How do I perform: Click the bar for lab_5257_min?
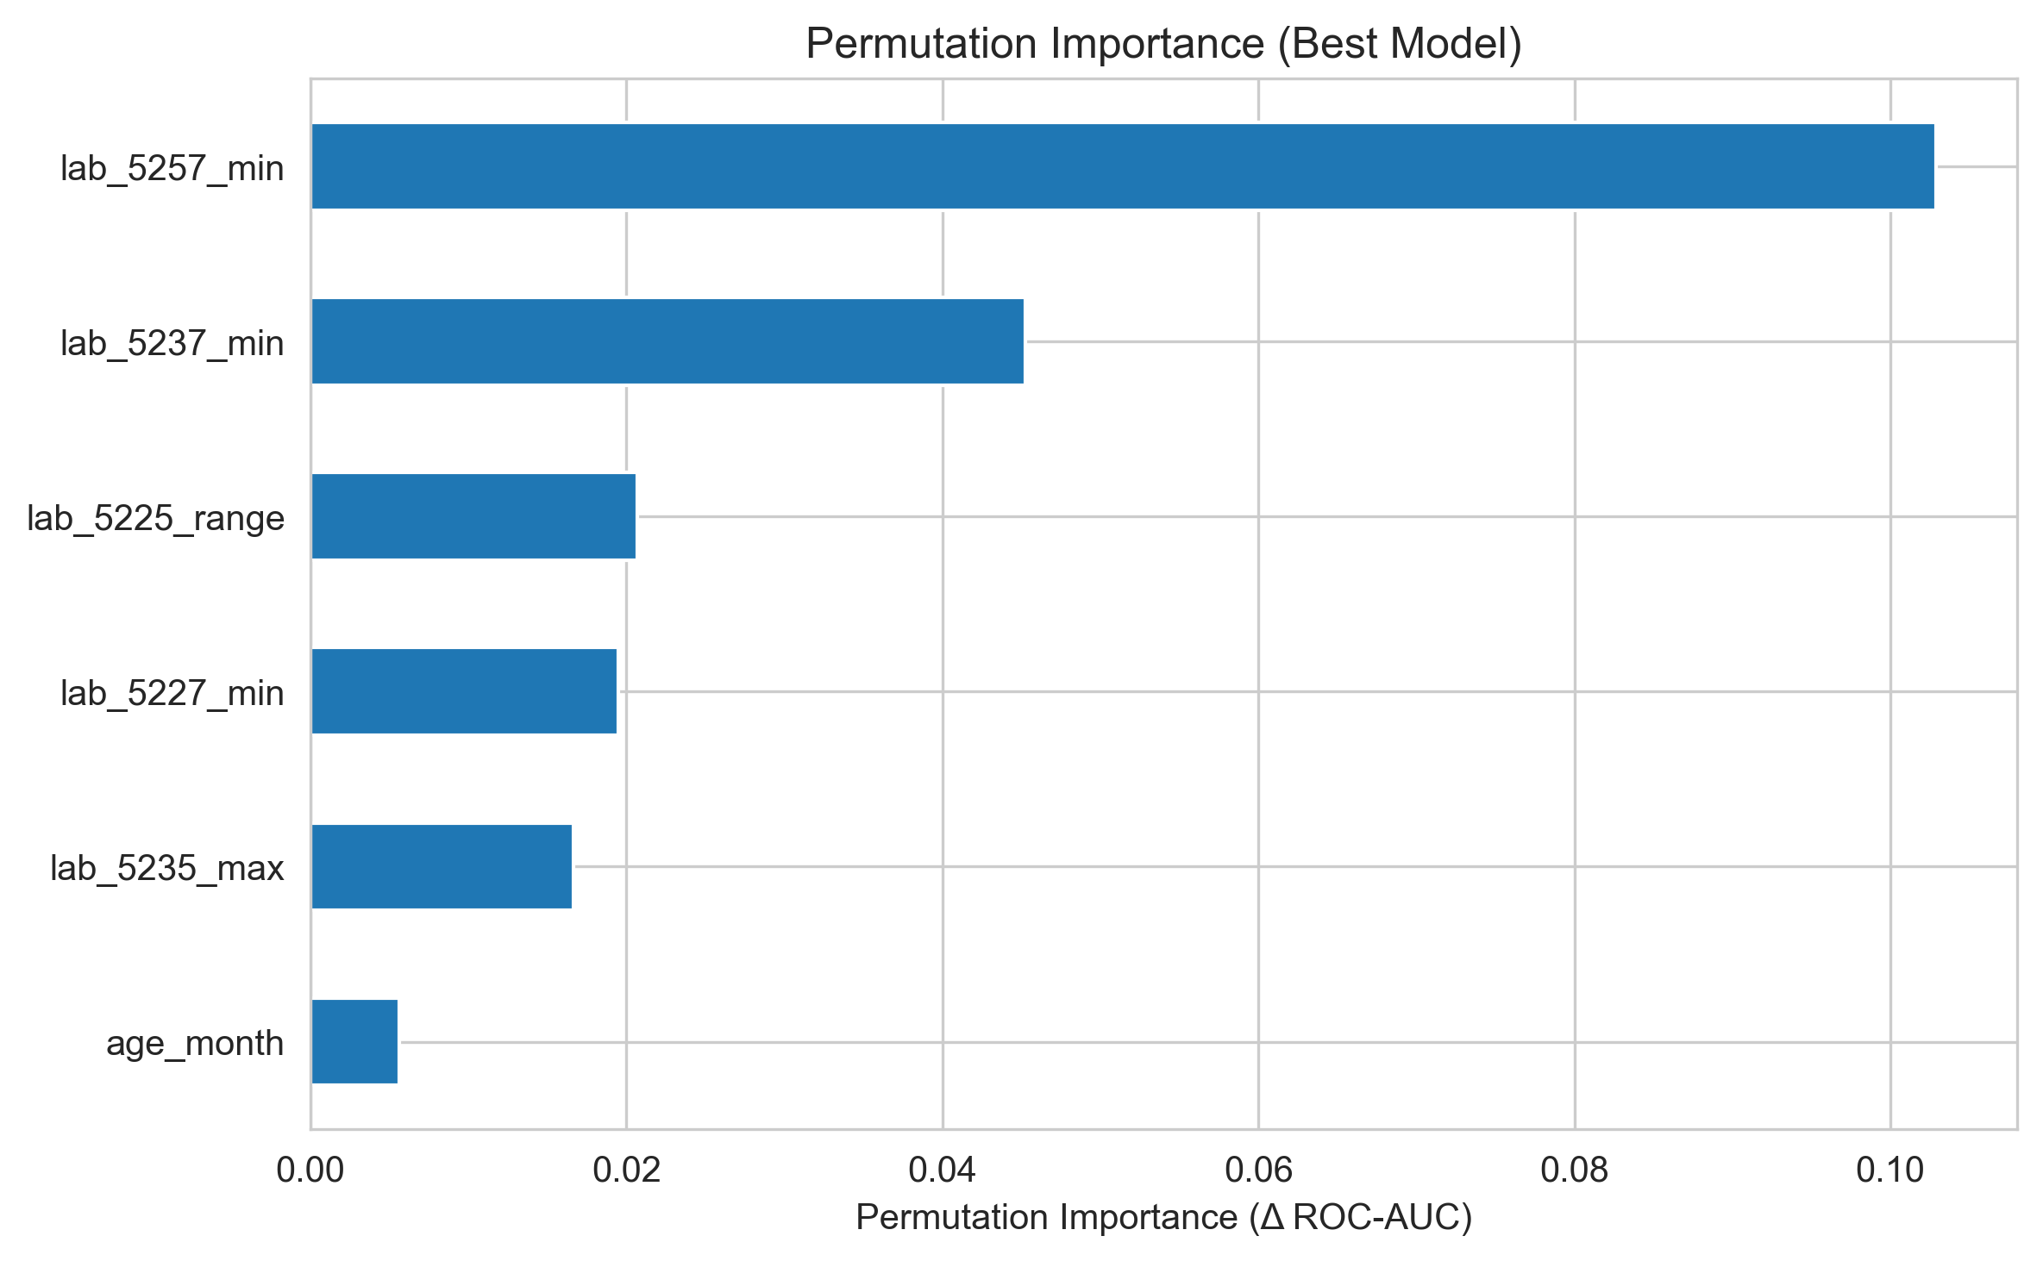(1122, 166)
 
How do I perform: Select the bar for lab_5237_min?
(667, 341)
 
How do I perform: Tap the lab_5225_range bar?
(473, 516)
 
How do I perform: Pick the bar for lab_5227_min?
(464, 691)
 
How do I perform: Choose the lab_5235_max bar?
(442, 866)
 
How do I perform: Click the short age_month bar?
(354, 1041)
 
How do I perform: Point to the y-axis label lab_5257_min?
(172, 168)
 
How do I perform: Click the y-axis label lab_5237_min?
(172, 343)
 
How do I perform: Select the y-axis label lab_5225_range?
(155, 518)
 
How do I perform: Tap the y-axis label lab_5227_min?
(172, 693)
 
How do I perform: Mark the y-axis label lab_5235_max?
(166, 868)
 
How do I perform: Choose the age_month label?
(195, 1043)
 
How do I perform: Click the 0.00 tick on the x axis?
(310, 1170)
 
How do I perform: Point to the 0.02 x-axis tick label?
(626, 1170)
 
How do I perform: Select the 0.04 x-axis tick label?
(943, 1170)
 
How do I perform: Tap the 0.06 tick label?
(1258, 1170)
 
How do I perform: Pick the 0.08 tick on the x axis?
(1575, 1170)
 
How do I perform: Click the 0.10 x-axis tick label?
(1890, 1170)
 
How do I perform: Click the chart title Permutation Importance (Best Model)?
(1163, 43)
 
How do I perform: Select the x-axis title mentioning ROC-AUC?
(1163, 1217)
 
